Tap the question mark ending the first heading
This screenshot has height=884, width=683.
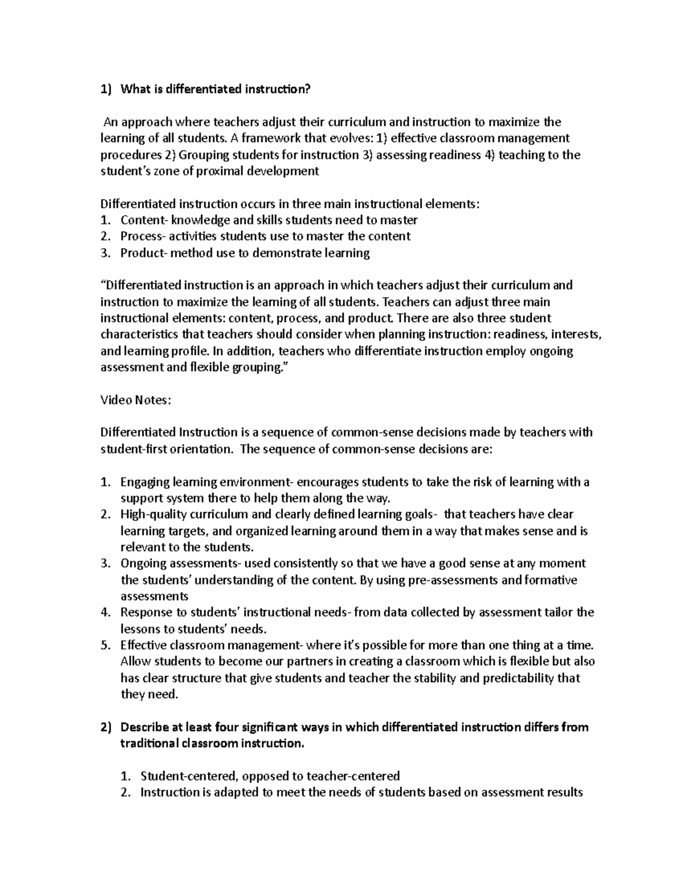[310, 89]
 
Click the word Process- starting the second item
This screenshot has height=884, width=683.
[144, 236]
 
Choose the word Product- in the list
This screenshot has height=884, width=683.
[144, 253]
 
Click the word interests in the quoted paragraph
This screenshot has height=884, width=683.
[575, 334]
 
